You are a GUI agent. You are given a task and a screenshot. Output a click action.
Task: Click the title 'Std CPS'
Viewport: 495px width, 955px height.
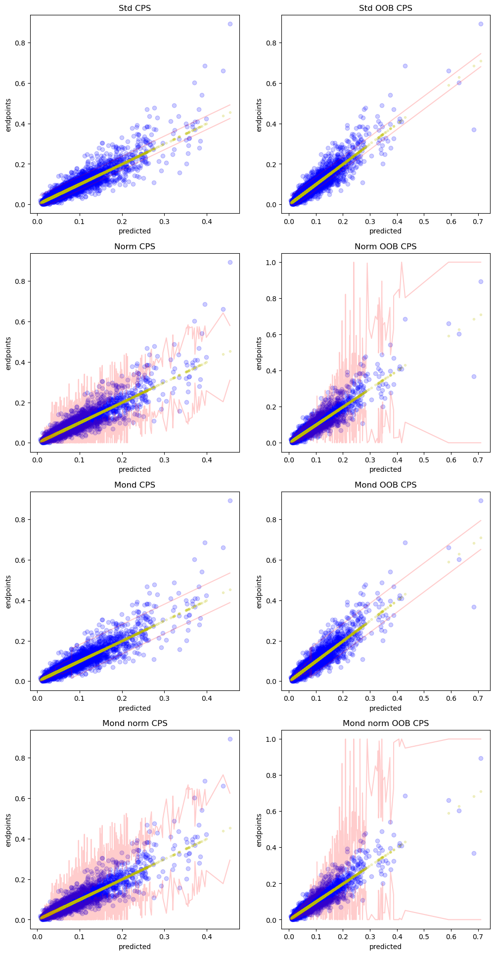click(x=135, y=8)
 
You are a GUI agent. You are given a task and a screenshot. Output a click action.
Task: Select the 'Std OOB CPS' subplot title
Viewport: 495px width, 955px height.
click(x=386, y=8)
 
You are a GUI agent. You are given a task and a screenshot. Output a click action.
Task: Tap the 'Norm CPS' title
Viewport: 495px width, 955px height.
click(x=135, y=246)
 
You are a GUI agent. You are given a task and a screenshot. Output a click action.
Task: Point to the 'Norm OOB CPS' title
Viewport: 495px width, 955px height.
click(x=386, y=246)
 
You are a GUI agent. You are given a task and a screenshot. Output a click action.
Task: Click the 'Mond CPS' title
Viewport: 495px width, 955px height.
click(x=135, y=485)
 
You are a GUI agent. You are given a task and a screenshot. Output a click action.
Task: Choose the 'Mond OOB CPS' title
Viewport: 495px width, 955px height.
click(x=386, y=485)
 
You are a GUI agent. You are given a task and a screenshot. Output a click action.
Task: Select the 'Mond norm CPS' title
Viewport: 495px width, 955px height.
click(x=135, y=723)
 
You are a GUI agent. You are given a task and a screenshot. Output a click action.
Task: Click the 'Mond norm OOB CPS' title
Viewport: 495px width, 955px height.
click(x=386, y=723)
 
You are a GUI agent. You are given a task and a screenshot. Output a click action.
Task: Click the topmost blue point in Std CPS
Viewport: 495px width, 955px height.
click(x=230, y=24)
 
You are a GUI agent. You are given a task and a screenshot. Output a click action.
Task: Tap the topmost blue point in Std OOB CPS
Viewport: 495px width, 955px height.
click(x=481, y=24)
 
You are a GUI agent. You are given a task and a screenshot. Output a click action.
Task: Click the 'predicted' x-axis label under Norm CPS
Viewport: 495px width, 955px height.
click(x=135, y=469)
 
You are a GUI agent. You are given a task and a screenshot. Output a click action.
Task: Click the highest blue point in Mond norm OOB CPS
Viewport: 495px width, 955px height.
click(x=481, y=758)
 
